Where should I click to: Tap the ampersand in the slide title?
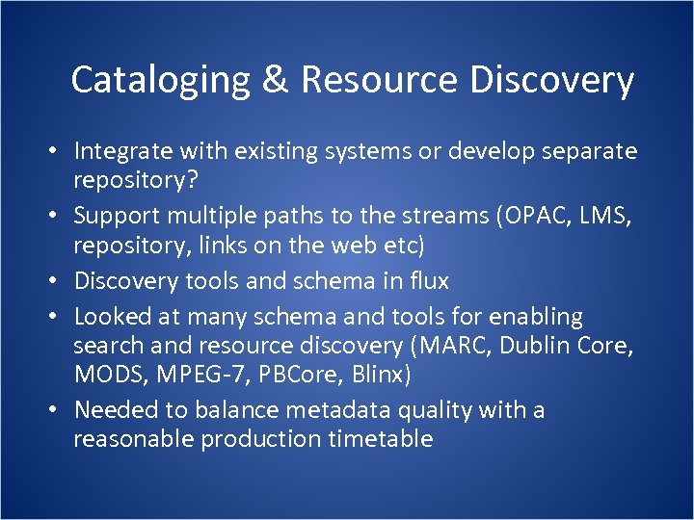pos(275,80)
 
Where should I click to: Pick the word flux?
pos(427,281)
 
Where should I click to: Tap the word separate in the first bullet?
pos(587,151)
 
